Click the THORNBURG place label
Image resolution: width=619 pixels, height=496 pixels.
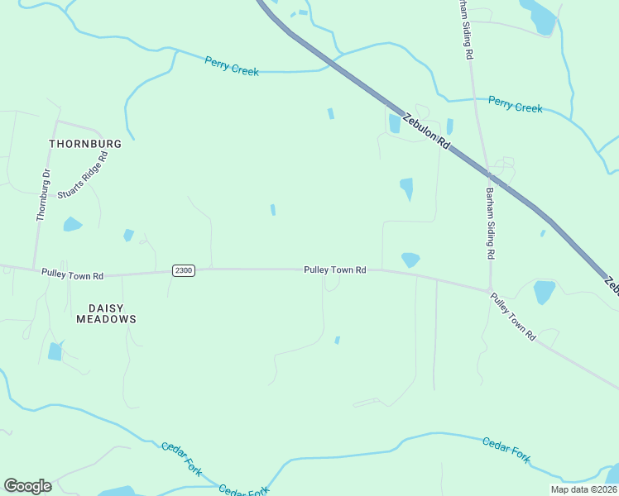coord(85,143)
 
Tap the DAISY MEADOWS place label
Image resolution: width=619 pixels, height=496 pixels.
coord(106,313)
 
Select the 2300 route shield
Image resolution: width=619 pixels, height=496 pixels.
coord(184,270)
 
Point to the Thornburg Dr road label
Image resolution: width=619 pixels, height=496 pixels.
coord(43,194)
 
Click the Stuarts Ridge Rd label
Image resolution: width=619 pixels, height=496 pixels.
coord(83,174)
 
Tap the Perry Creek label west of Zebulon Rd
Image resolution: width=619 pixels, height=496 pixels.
coord(232,65)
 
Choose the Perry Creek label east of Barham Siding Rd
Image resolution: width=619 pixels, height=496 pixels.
coord(515,105)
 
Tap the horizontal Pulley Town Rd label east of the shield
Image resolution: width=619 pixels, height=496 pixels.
coord(334,269)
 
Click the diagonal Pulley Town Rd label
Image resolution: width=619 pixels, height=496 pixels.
coord(513,317)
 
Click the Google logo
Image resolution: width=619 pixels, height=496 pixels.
coord(27,486)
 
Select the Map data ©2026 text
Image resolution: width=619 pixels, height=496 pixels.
coord(583,489)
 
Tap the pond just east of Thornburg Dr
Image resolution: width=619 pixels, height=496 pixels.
coord(73,223)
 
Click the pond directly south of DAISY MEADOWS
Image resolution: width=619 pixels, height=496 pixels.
coord(55,351)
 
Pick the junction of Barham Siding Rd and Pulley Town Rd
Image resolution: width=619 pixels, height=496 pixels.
coord(491,289)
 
